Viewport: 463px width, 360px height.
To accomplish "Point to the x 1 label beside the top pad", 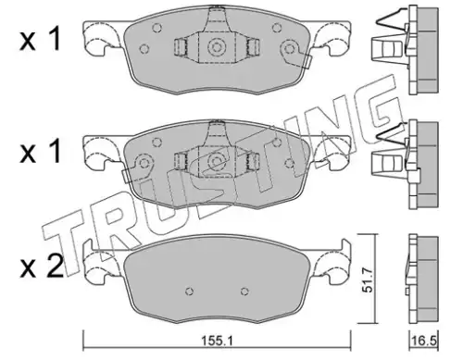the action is (x=40, y=41).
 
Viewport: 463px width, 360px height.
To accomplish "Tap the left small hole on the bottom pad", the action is (x=191, y=291).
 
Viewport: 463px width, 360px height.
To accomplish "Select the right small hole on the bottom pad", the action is (x=244, y=291).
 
